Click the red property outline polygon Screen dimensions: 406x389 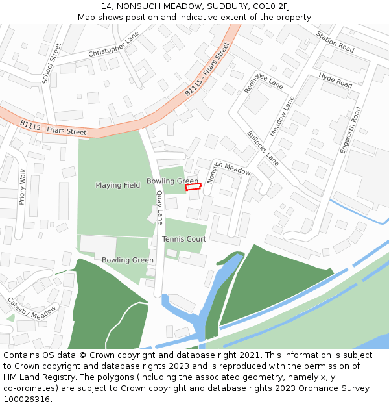[x=193, y=187]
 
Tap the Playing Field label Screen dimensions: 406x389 [x=117, y=185]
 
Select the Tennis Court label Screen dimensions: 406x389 [x=184, y=239]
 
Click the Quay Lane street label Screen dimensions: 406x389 [x=159, y=207]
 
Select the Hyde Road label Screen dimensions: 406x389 [x=335, y=81]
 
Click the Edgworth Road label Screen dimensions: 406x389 [x=351, y=130]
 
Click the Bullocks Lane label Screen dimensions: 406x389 [x=263, y=148]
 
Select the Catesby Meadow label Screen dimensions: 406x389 [x=32, y=308]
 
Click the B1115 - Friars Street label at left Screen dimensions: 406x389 [x=53, y=127]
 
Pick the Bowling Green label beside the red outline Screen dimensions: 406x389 [x=172, y=181]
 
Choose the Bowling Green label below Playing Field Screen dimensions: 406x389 [x=128, y=260]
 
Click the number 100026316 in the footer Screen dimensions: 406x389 [x=27, y=400]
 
